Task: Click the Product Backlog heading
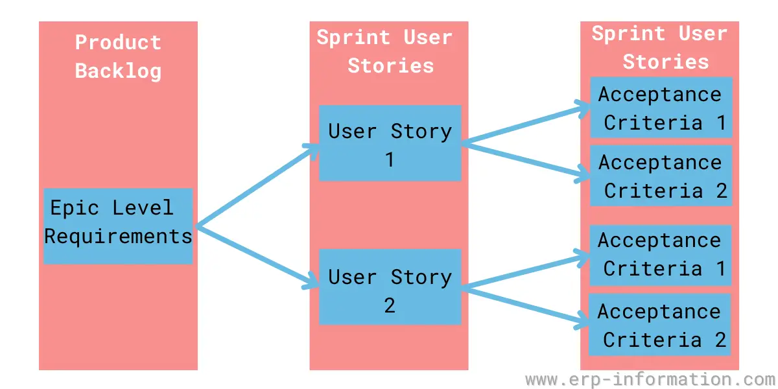click(x=118, y=57)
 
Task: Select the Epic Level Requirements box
click(x=118, y=226)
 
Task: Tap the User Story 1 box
click(x=390, y=143)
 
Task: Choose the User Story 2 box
click(x=390, y=287)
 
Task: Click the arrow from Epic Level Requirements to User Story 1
click(x=257, y=185)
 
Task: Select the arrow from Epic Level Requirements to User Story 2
click(x=257, y=257)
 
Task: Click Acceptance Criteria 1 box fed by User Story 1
click(x=661, y=108)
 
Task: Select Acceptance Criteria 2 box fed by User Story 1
click(x=661, y=176)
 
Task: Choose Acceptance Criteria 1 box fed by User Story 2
click(x=661, y=255)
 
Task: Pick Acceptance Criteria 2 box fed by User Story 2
click(x=660, y=325)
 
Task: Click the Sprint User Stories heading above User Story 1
click(x=385, y=52)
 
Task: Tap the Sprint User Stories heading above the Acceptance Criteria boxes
click(x=659, y=48)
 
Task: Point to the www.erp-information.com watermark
click(x=651, y=379)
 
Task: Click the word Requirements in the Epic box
click(x=118, y=237)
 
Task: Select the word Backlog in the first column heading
click(x=118, y=71)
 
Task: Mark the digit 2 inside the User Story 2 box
click(x=390, y=305)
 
